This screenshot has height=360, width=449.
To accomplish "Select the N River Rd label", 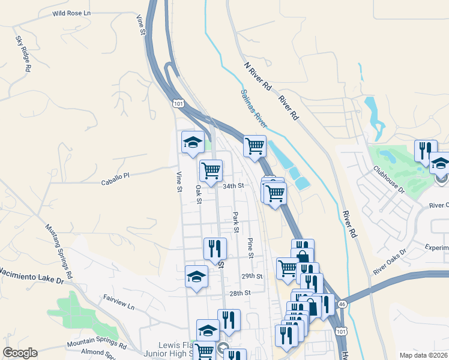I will tap(258, 76).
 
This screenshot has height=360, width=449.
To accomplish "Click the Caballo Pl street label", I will tap(115, 176).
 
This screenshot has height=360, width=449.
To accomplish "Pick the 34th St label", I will tap(234, 186).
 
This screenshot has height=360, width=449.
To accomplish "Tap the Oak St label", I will tap(197, 194).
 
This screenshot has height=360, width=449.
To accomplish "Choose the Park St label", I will tap(236, 221).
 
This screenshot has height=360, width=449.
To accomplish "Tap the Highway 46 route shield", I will tap(342, 305).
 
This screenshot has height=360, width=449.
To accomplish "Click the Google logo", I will tap(20, 353).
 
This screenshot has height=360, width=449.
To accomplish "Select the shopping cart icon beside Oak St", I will tap(211, 170).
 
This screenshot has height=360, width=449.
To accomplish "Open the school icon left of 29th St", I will tap(196, 276).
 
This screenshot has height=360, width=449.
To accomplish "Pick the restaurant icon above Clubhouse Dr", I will tap(426, 150).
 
